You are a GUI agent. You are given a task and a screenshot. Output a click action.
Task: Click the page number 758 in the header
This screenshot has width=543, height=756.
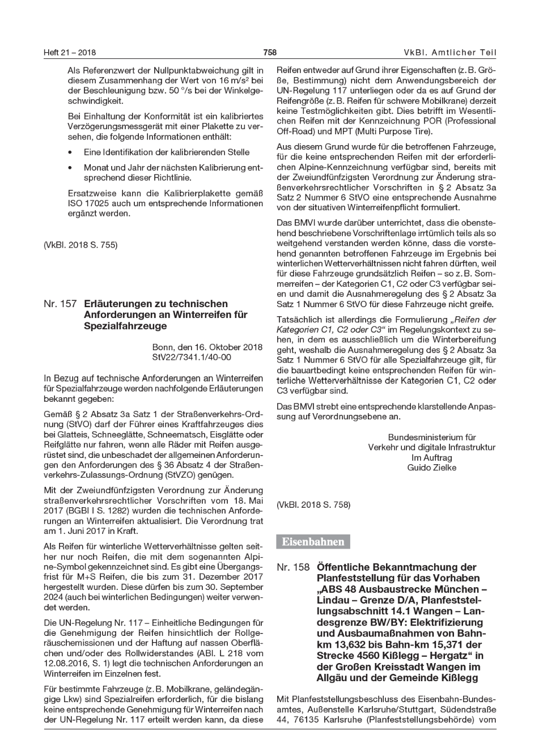[270, 53]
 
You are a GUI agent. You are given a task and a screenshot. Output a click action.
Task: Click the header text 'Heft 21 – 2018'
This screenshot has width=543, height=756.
[70, 53]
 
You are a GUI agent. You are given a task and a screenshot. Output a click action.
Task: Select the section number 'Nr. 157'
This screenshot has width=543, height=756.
[60, 304]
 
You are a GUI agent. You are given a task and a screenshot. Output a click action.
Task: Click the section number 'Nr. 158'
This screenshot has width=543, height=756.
[293, 567]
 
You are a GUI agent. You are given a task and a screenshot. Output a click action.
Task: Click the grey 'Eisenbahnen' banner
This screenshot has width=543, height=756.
[313, 542]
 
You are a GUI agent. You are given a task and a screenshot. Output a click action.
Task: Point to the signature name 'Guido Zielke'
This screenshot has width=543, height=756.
[431, 468]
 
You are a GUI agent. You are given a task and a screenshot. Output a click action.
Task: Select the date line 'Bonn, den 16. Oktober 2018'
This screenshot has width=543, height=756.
[207, 347]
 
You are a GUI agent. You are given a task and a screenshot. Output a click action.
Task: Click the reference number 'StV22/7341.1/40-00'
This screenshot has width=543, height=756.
[192, 357]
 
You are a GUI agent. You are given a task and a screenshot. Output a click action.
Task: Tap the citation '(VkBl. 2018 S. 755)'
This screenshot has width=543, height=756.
[80, 245]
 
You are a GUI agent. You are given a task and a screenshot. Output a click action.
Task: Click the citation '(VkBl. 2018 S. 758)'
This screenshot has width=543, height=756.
[313, 504]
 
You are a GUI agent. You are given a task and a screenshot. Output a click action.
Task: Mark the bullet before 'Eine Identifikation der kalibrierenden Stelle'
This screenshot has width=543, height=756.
[70, 152]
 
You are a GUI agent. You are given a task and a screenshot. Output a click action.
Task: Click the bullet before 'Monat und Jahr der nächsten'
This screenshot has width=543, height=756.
[70, 168]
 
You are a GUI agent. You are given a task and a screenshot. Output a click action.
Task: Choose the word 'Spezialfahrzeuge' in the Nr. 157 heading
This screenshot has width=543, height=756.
[125, 326]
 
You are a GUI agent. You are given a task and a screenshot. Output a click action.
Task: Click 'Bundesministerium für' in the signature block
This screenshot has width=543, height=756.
[431, 437]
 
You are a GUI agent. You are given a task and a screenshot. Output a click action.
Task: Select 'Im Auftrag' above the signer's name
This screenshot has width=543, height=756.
[431, 457]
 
